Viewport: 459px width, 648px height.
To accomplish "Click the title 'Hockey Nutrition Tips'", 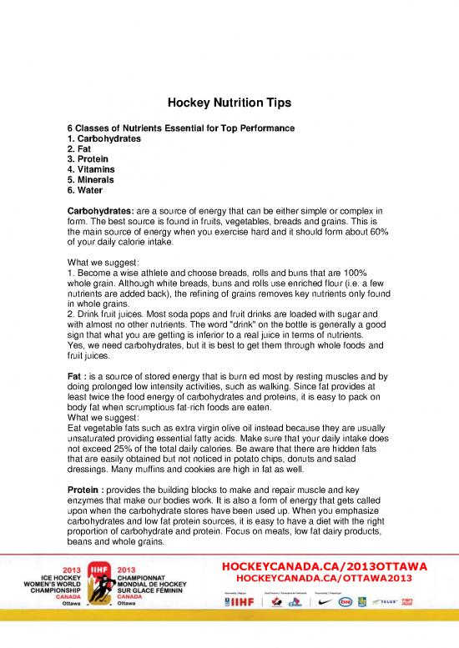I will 229,103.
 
